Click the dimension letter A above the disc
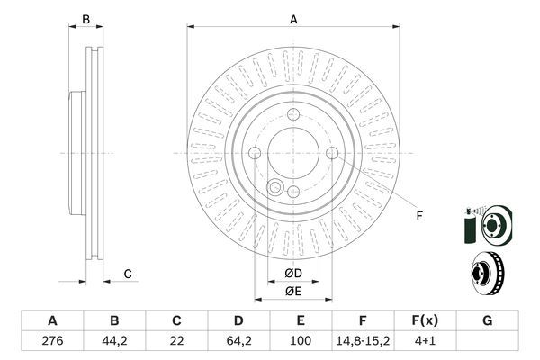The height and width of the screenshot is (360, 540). [x=293, y=18]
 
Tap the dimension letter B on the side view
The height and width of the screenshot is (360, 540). [x=86, y=18]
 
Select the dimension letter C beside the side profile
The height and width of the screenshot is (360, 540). [x=128, y=274]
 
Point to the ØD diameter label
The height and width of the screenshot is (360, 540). [x=292, y=274]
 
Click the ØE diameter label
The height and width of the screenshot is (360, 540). [x=292, y=291]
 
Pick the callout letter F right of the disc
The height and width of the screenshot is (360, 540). [x=418, y=215]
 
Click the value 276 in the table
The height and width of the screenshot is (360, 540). [x=51, y=342]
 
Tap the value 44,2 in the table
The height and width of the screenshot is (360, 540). [x=114, y=342]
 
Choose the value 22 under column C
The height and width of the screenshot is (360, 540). [x=176, y=342]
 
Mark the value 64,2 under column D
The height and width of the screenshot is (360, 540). [x=238, y=342]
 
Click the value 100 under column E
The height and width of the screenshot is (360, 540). [x=301, y=342]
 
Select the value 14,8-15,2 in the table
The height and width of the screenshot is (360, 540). [x=363, y=342]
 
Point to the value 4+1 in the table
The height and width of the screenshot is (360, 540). [x=425, y=342]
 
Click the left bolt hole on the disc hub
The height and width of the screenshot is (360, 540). [x=255, y=154]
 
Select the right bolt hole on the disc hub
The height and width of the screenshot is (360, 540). [x=332, y=154]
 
